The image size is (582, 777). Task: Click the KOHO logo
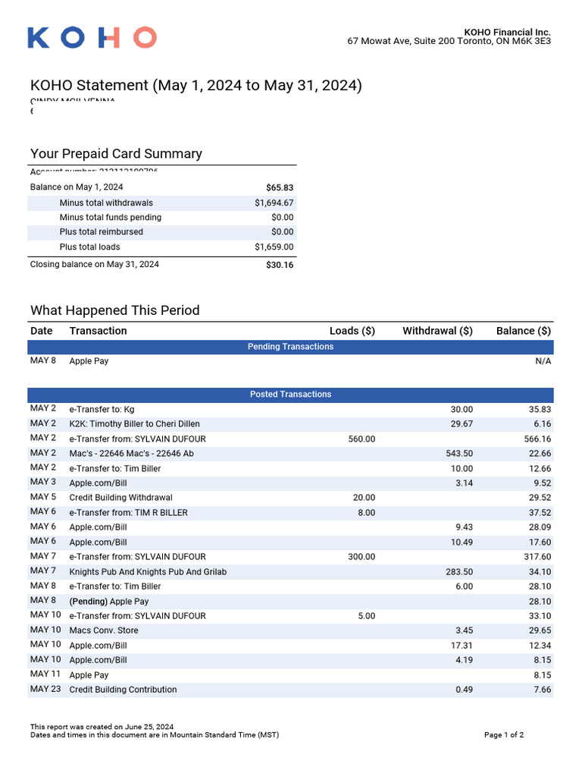tap(92, 37)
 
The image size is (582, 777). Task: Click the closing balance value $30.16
tap(280, 265)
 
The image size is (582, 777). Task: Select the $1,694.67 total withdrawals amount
tap(274, 203)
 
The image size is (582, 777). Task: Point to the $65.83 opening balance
tap(280, 187)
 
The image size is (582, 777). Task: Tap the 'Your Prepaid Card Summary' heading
tap(116, 154)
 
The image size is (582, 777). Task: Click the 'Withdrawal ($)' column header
tap(437, 331)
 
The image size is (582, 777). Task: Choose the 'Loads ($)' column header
tap(352, 331)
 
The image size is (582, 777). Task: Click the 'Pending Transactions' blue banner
tap(290, 347)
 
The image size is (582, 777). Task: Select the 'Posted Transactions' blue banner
tap(290, 395)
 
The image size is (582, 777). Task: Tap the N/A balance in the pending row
tap(543, 361)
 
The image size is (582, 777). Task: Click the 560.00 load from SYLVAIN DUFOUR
tap(361, 439)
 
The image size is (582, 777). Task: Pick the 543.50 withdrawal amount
tap(459, 454)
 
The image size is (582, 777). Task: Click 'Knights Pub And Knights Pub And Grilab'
tap(148, 572)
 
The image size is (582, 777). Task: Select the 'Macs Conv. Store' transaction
tap(104, 631)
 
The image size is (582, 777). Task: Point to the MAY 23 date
tap(45, 690)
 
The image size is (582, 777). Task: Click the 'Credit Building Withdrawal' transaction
tap(120, 498)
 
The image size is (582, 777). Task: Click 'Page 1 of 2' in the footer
tap(503, 735)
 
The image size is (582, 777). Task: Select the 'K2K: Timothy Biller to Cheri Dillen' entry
tap(135, 424)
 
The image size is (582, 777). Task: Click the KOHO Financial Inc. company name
tap(507, 32)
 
